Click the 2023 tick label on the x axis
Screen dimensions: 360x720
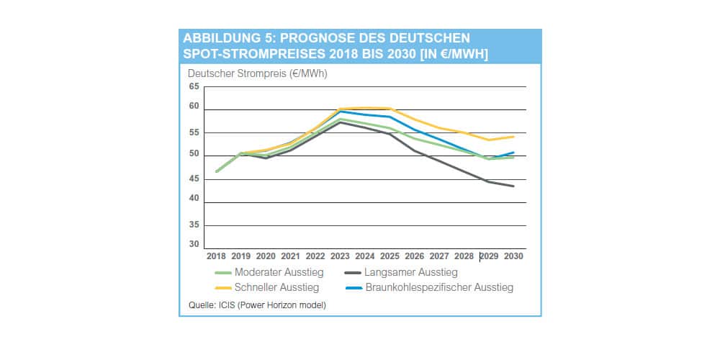(341, 256)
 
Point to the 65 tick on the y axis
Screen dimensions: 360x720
(194, 86)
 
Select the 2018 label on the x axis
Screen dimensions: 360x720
(216, 256)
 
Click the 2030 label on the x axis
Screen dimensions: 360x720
(513, 256)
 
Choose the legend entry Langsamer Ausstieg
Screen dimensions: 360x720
(411, 272)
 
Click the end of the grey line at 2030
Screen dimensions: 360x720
(513, 186)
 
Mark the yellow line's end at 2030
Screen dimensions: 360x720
(513, 136)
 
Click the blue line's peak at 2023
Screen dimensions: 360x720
(341, 112)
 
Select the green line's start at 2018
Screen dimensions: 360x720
(216, 172)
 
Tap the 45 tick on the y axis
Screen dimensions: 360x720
(194, 179)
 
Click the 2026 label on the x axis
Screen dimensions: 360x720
(415, 256)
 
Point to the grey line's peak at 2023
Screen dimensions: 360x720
(341, 122)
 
